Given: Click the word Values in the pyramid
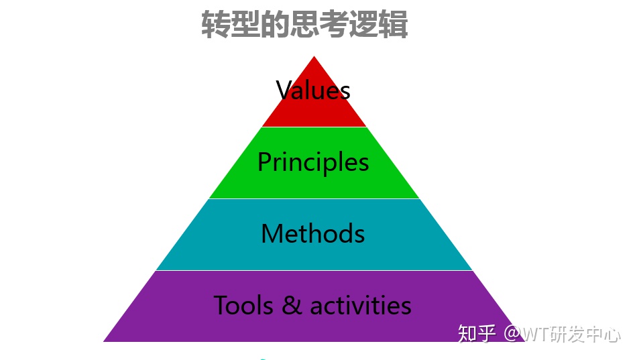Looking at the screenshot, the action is point(313,91).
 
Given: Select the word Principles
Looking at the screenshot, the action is point(313,162).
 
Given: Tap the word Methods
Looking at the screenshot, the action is point(313,234).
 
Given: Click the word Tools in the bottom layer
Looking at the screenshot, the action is point(244,306).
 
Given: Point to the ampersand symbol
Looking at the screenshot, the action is point(292,306).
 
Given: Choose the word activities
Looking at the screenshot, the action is point(360,306).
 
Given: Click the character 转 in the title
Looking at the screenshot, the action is point(216,25).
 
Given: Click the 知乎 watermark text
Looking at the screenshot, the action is point(477,333).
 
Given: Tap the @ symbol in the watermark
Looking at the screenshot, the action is point(512,333).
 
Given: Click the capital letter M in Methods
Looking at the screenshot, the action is point(271,234).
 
